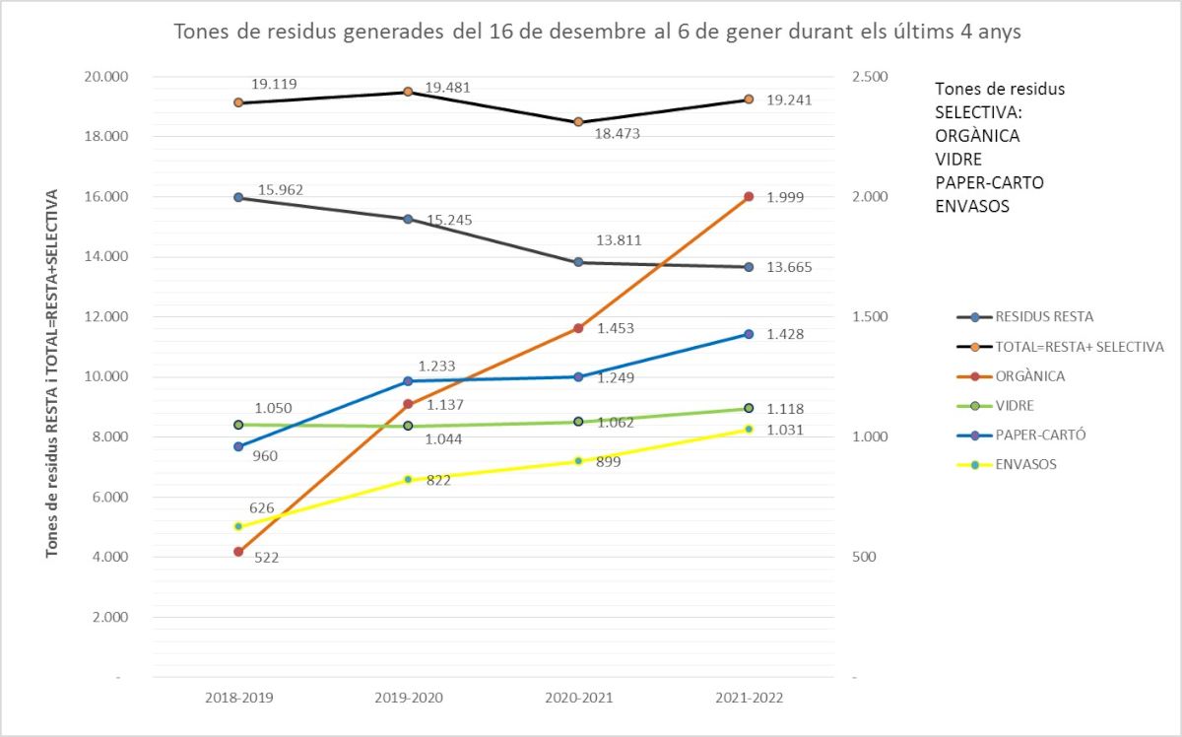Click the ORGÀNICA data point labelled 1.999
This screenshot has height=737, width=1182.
749,197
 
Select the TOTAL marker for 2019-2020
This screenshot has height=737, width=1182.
408,92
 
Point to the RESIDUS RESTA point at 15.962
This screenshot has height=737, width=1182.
238,197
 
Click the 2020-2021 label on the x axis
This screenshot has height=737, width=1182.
578,698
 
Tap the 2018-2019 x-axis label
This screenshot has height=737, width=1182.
238,698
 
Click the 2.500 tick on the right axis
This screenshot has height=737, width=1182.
868,77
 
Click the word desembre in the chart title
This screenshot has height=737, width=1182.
558,32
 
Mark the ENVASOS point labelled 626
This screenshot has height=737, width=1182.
238,526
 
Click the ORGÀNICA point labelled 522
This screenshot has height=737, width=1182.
238,552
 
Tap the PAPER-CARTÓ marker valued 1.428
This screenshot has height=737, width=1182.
749,334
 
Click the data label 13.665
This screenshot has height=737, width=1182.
788,268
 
